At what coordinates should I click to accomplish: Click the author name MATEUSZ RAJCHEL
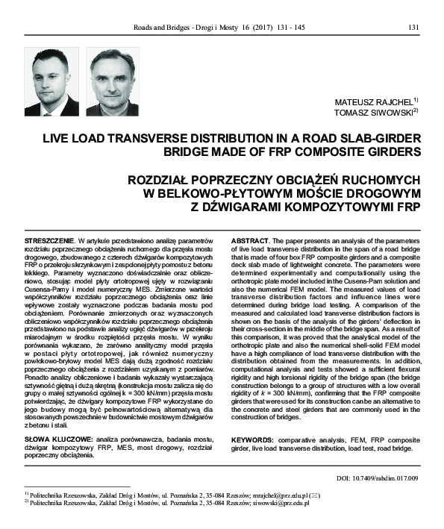click(x=375, y=101)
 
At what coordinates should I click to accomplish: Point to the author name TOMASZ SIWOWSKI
click(x=375, y=112)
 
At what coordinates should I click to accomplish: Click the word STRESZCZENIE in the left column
click(x=48, y=242)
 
